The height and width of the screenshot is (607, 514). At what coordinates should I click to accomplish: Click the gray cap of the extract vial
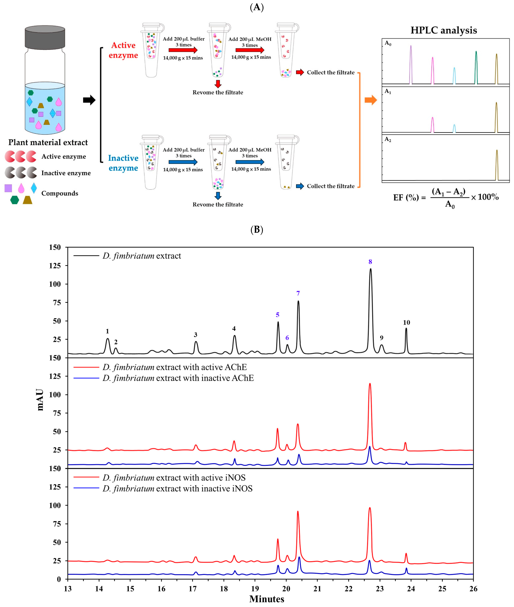tap(45, 37)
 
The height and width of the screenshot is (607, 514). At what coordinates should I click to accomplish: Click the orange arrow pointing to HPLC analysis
tap(371, 100)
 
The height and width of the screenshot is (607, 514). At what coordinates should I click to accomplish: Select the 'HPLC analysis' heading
tap(443, 30)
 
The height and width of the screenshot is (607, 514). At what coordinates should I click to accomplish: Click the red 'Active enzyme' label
tap(123, 50)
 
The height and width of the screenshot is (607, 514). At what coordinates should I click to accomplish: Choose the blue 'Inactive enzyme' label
tap(123, 163)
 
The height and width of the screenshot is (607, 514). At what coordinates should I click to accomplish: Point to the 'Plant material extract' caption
tap(48, 142)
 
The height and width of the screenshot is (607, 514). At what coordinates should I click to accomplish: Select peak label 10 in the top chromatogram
tap(406, 322)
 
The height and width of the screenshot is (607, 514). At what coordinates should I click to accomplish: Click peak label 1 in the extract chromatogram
tap(107, 331)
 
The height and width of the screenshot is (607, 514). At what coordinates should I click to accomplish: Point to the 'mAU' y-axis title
tap(40, 400)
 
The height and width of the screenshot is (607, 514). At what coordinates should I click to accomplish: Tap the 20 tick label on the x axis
tap(286, 589)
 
